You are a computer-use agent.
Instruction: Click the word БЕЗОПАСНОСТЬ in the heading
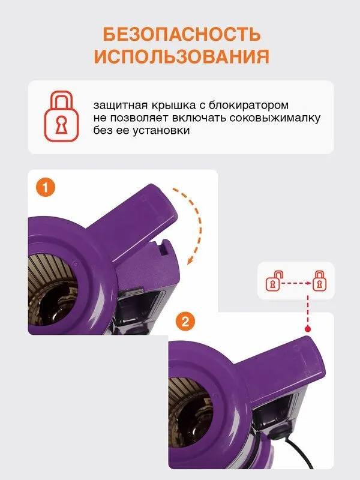(x=182, y=34)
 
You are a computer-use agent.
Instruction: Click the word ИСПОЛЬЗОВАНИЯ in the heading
(x=182, y=56)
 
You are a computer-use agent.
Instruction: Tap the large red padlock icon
(x=62, y=116)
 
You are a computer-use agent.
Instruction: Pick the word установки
(x=161, y=131)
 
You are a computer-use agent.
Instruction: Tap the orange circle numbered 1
(x=46, y=187)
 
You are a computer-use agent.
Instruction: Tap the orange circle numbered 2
(x=185, y=322)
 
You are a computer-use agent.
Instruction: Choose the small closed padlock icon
(x=320, y=281)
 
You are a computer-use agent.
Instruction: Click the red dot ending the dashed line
(x=308, y=329)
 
